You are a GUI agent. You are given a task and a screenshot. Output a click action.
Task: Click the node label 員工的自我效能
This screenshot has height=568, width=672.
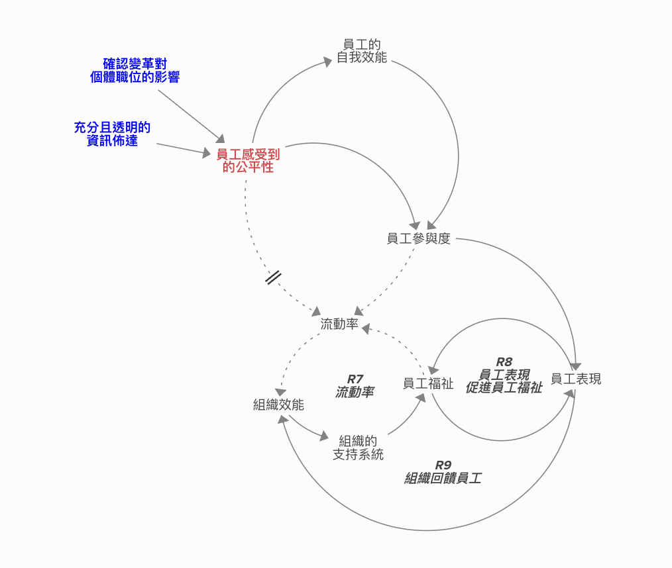click(361, 51)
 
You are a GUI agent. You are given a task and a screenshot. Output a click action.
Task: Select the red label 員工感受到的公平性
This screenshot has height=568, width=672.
click(248, 161)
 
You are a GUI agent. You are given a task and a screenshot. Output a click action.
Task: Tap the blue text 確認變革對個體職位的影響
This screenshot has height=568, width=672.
click(135, 70)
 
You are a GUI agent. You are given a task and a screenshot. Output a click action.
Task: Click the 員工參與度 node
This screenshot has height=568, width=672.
click(418, 239)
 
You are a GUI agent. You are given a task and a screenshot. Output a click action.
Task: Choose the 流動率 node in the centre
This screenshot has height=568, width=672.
click(339, 324)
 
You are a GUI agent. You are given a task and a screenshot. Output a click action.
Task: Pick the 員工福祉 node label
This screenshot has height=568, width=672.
click(428, 383)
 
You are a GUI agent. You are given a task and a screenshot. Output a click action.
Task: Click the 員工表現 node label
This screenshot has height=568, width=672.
click(575, 379)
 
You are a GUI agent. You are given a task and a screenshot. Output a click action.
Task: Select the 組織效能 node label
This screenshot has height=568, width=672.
click(278, 404)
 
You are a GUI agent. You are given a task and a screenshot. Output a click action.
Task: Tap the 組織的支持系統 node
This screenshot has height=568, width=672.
click(358, 448)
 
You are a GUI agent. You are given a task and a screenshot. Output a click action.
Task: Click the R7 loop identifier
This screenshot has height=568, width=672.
click(355, 379)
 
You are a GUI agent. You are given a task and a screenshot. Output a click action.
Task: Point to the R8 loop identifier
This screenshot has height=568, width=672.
click(504, 362)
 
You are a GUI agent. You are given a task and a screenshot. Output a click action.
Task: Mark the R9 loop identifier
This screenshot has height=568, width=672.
click(443, 465)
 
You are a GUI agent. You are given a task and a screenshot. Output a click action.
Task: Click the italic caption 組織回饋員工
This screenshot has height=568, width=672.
click(443, 478)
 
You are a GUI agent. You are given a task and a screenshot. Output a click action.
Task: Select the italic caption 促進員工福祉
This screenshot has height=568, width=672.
click(504, 388)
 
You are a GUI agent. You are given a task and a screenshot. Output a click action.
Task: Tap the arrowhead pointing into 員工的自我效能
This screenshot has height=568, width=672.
click(327, 61)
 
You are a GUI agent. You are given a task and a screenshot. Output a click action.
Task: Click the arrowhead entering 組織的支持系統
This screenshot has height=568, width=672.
click(324, 437)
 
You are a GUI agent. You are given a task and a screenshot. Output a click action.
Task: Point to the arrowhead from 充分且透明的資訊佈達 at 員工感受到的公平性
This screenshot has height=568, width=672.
click(206, 154)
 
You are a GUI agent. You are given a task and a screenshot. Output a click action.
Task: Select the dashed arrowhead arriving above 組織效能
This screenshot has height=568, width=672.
click(282, 392)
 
